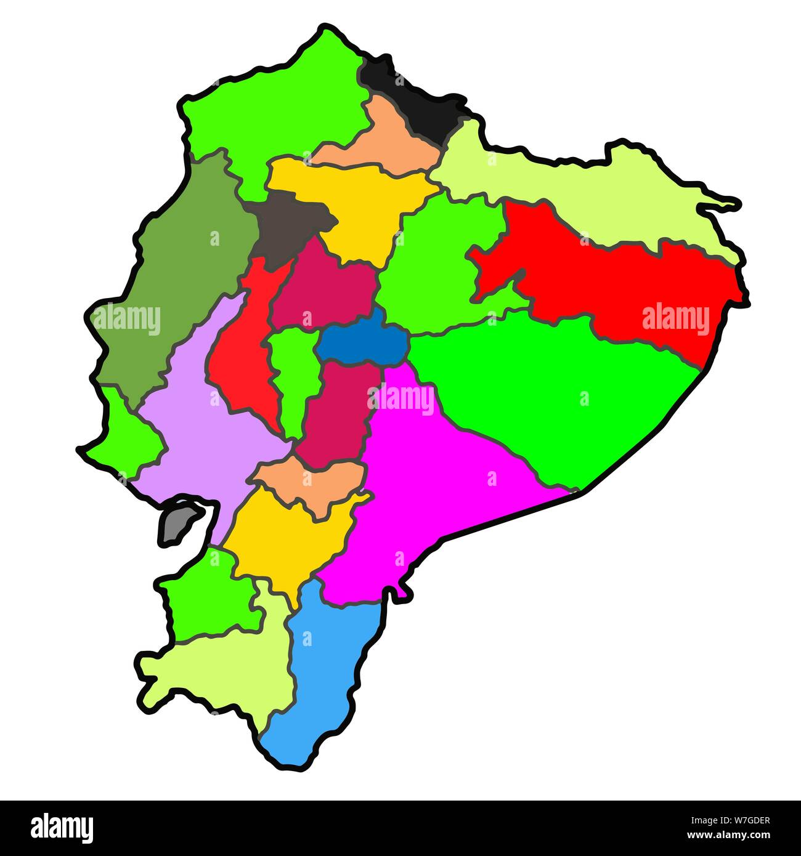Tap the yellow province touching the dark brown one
[x=357, y=203]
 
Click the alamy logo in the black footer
[x=62, y=828]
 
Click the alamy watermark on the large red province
[x=675, y=319]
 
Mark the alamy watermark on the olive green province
[x=127, y=320]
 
